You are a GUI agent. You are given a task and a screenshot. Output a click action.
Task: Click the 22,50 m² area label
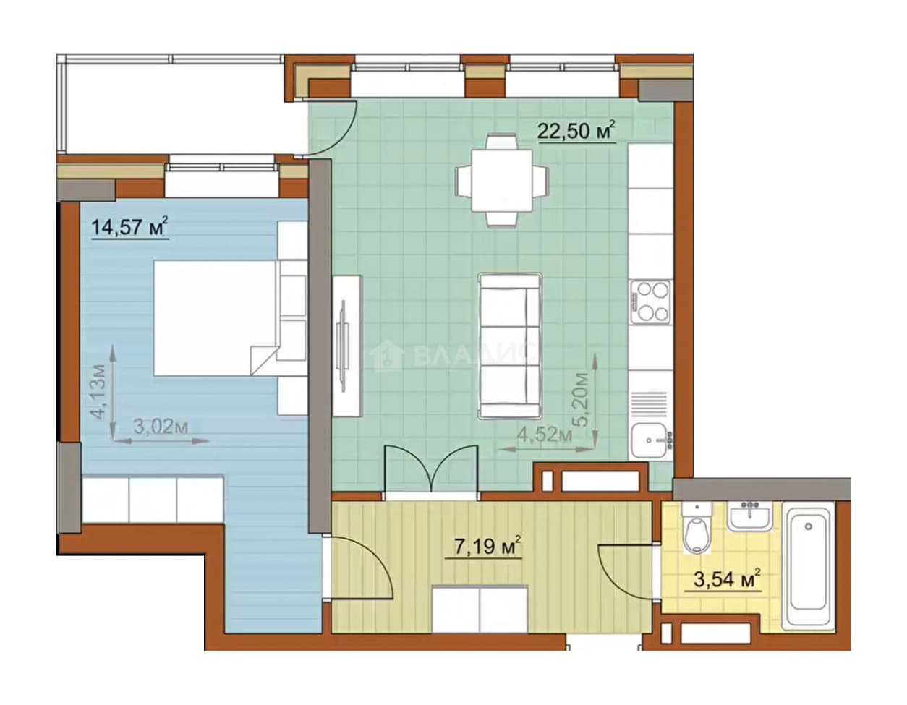point(576,131)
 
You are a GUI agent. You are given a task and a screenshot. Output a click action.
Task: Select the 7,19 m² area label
point(487,547)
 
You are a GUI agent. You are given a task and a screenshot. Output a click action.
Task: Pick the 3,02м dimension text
point(161,426)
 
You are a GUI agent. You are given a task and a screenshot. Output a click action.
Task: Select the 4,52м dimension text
point(544,435)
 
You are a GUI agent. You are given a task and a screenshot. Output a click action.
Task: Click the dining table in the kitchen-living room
point(502,180)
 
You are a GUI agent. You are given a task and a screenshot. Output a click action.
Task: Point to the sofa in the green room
point(510,346)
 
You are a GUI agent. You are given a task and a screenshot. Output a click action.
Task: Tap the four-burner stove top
point(650,302)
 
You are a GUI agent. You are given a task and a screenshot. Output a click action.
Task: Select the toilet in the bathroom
point(697,528)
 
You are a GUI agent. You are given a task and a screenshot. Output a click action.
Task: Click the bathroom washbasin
point(750,516)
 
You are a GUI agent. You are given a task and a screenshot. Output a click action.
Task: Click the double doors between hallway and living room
point(431,470)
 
